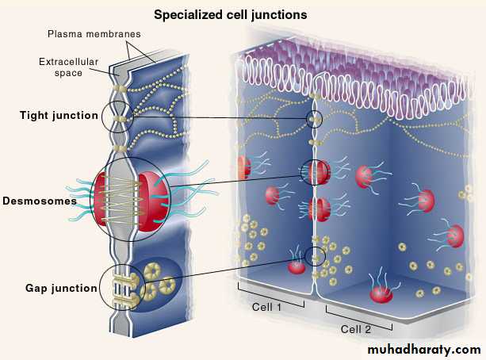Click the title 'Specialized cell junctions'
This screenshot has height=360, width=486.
pos(230,14)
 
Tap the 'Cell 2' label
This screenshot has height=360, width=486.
pos(355,328)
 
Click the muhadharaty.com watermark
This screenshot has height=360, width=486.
pos(425,350)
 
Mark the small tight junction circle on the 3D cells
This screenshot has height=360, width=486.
pos(316,119)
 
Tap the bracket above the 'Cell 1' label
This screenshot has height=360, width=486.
pos(271,300)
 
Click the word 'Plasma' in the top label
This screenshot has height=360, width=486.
pos(65,35)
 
